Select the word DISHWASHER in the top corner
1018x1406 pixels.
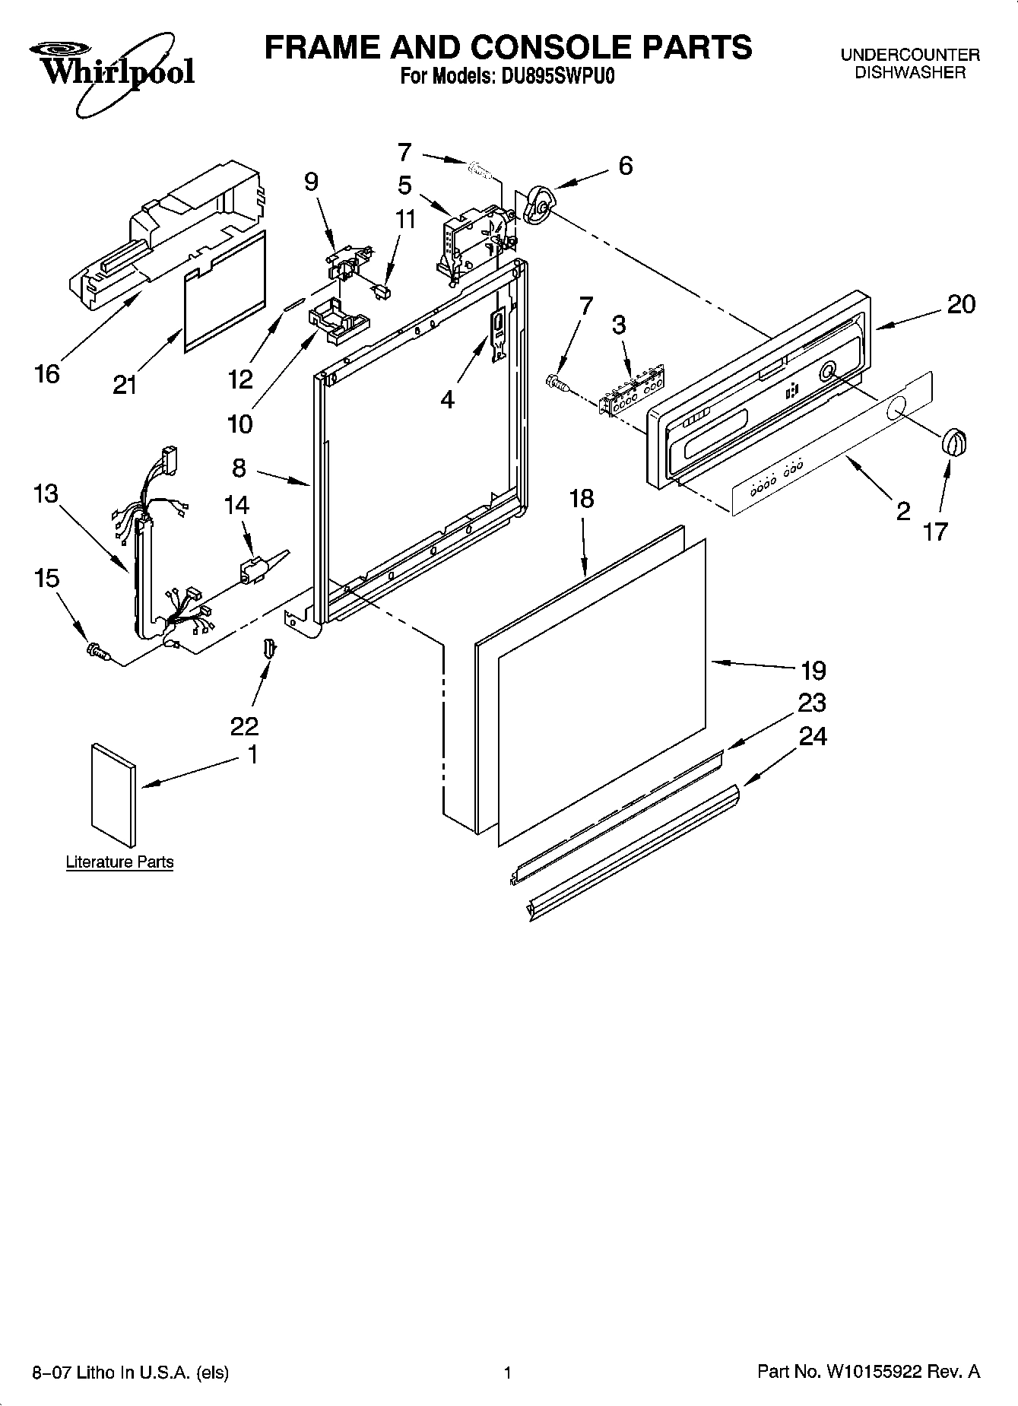[x=910, y=73]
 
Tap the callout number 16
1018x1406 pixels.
[x=47, y=373]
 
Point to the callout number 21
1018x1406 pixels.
[x=125, y=385]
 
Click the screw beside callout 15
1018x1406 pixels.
[x=99, y=651]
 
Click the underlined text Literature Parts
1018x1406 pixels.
[x=119, y=862]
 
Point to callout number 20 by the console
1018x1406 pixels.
[x=961, y=304]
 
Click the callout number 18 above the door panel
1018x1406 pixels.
[x=582, y=500]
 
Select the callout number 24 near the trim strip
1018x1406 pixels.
[x=813, y=736]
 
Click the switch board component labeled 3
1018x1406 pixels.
[x=631, y=390]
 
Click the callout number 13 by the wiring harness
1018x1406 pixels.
[x=45, y=494]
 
